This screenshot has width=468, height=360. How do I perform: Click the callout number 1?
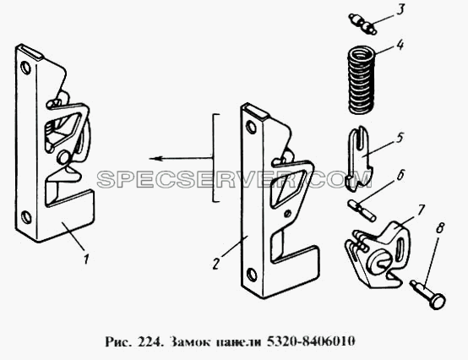tap(86, 259)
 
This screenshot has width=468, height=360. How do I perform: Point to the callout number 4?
tap(400, 45)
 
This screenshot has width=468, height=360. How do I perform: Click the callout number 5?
tap(400, 139)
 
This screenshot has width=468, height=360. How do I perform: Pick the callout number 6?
tap(400, 175)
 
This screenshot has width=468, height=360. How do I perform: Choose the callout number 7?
tap(420, 210)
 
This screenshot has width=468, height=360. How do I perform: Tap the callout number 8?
tap(439, 228)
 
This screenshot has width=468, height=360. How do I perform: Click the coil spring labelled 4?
tap(362, 79)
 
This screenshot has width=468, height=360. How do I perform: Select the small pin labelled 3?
tap(362, 24)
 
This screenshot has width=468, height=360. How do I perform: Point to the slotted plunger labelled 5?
tap(359, 159)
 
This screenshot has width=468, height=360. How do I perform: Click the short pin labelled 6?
tap(362, 210)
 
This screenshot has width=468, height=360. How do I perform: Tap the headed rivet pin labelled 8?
tap(428, 295)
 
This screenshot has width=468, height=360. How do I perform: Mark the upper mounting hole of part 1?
tap(25, 68)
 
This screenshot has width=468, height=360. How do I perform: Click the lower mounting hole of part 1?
tap(26, 217)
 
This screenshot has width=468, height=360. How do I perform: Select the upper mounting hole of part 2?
tap(252, 127)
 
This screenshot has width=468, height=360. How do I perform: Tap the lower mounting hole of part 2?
tap(252, 275)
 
